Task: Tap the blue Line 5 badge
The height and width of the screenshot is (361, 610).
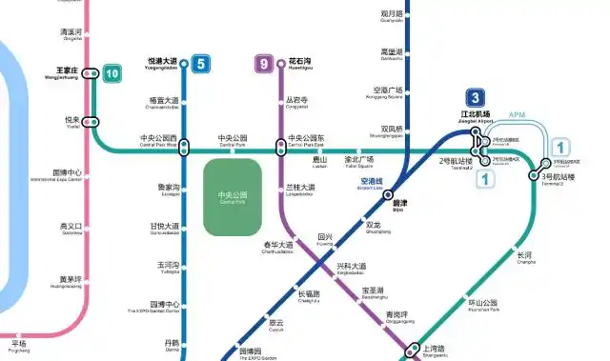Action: pos(200,65)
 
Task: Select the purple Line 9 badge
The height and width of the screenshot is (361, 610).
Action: pos(265,65)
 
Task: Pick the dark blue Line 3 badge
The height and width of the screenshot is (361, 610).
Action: pos(476,97)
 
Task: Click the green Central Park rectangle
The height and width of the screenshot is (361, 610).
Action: pos(232,198)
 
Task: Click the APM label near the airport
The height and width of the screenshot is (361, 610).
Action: pos(518,115)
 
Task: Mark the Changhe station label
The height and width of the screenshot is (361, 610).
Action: pos(526,257)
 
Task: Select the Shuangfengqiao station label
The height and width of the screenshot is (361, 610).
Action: pos(393,130)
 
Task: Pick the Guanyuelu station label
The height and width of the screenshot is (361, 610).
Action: pos(393,16)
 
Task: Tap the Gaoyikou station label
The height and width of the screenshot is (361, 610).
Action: pos(71,229)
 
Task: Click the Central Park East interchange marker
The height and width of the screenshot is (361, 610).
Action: pos(281,148)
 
